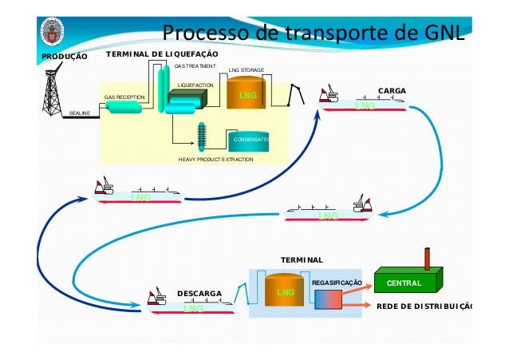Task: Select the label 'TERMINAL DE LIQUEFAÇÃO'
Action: coord(152,53)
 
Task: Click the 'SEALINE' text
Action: coord(79,114)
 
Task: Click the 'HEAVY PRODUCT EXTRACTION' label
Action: coord(215,160)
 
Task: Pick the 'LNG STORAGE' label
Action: coord(247,71)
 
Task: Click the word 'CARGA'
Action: coord(392,92)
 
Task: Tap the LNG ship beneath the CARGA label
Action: coord(363,104)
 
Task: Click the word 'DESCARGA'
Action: coord(199,294)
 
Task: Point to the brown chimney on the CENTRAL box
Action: coord(429,259)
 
